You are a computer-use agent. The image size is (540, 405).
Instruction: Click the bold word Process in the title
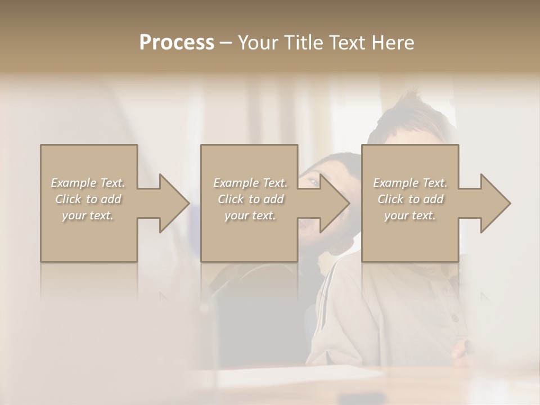177,43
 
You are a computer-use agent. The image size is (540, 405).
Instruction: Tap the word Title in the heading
304,43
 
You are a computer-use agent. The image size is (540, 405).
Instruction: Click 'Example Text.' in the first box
88,183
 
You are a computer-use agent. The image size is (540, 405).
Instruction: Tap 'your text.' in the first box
88,215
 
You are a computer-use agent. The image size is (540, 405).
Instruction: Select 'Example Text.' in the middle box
250,183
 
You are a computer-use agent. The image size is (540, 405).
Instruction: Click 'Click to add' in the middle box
250,199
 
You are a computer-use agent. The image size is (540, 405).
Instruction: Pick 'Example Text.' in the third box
410,183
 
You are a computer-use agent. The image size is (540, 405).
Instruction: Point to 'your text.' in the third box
410,215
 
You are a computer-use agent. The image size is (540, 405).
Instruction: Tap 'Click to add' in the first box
88,199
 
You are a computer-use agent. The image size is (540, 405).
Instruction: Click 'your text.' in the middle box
250,215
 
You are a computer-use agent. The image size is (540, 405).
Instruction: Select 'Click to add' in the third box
410,199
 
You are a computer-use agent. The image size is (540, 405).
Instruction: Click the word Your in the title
257,43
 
